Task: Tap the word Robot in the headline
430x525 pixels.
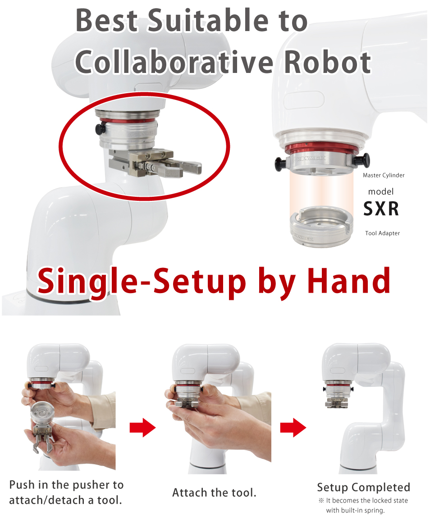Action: point(328,62)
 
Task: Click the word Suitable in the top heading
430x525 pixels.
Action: point(208,20)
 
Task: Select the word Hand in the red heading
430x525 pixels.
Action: point(348,281)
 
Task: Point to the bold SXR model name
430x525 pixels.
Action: point(381,208)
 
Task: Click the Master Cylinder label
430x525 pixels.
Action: point(384,175)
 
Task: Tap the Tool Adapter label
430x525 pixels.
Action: point(382,233)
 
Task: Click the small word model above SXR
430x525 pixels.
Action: point(381,191)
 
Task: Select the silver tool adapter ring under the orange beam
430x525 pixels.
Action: point(321,227)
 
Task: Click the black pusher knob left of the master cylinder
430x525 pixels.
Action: point(280,164)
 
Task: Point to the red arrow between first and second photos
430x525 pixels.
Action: point(142,427)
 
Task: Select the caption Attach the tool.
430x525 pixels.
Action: point(214,493)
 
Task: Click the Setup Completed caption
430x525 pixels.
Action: point(364,487)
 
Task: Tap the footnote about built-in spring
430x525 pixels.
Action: point(363,505)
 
